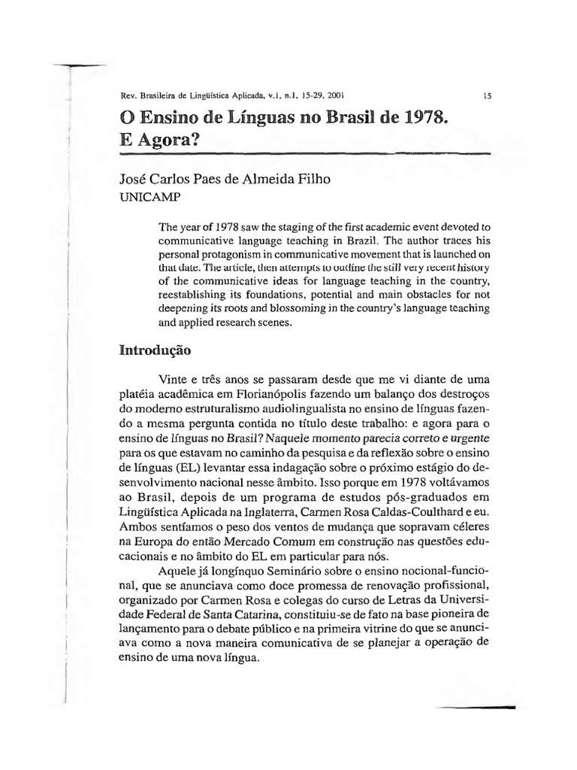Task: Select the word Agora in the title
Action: click(x=168, y=141)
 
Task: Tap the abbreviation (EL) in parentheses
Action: click(x=168, y=466)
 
